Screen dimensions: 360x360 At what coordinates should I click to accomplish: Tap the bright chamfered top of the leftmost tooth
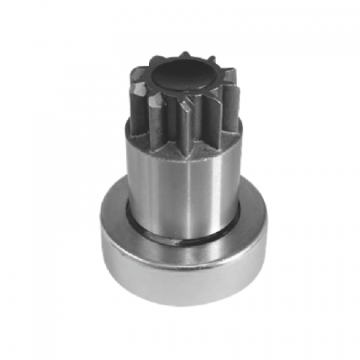pos(136,84)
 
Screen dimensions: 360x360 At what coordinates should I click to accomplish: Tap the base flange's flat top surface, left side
pos(115,212)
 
